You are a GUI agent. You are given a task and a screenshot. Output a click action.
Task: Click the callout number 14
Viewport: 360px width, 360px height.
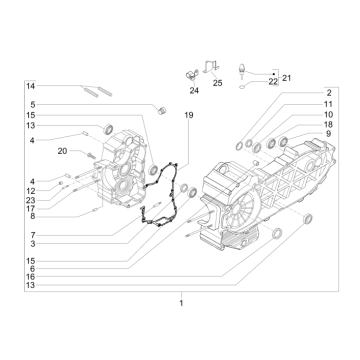[x=31, y=88]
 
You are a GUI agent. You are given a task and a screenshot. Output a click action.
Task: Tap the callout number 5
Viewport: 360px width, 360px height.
[x=32, y=105]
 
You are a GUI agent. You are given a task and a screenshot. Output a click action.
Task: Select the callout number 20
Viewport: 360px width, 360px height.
[x=62, y=151]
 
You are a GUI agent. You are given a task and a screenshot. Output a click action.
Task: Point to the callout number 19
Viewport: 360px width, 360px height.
[x=187, y=116]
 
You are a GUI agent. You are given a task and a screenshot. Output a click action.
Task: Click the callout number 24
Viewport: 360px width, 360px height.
[x=193, y=89]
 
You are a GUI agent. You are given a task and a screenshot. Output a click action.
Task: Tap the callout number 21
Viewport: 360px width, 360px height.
[x=286, y=77]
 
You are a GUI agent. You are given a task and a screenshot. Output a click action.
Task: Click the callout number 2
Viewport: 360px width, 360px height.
[x=327, y=120]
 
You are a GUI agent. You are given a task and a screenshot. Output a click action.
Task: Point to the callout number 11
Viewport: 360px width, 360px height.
[x=327, y=131]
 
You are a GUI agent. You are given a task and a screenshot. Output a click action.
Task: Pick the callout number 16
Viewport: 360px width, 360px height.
[x=32, y=276]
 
